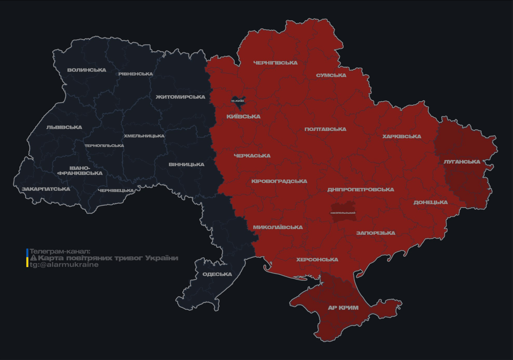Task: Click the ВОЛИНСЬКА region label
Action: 87,70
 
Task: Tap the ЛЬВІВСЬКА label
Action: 64,127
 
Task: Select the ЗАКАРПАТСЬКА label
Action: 46,189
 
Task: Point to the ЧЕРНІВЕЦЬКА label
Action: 116,191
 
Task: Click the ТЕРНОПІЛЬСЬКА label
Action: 104,146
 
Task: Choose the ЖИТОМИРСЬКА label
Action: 181,97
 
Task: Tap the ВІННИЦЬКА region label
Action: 187,165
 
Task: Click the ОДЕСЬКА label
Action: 217,274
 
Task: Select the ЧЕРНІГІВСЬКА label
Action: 275,63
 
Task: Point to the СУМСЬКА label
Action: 331,75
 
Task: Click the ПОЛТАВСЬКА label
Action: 325,129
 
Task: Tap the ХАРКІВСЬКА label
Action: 401,137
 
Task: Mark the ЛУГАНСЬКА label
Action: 462,162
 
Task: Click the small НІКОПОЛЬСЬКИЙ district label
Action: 343,213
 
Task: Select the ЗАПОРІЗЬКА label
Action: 376,233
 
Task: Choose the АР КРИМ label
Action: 343,308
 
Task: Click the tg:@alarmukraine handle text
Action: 64,265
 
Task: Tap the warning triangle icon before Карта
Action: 33,258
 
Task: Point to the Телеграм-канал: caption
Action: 60,251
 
